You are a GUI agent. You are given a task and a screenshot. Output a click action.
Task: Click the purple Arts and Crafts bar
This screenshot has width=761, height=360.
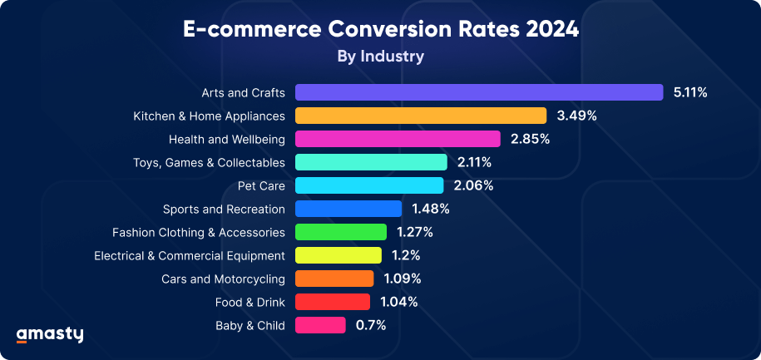tap(478, 92)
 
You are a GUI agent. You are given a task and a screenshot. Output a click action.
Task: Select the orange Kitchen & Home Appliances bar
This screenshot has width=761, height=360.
tap(420, 116)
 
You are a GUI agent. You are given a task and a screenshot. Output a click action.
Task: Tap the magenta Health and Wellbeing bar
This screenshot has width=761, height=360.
tap(397, 139)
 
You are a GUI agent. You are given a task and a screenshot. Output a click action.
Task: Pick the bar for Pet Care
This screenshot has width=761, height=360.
tap(368, 185)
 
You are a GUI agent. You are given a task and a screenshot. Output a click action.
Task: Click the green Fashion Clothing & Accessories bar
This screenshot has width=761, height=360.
tap(340, 232)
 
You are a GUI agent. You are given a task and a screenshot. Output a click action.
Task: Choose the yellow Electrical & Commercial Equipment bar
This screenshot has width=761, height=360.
tap(338, 255)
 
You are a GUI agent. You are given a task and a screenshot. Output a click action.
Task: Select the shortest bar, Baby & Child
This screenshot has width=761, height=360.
tap(320, 325)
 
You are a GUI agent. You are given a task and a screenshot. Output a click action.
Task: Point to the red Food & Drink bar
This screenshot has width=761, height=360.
tap(332, 302)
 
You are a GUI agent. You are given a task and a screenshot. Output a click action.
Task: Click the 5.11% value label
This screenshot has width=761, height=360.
tap(690, 92)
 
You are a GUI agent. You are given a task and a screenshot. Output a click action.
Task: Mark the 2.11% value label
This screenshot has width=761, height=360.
tap(474, 162)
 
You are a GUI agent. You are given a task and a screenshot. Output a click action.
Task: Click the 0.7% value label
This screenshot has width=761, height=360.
tap(371, 325)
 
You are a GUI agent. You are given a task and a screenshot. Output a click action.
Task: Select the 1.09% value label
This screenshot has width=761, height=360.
tap(403, 279)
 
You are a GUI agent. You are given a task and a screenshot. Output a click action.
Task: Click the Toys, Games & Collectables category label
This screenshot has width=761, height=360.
tap(209, 162)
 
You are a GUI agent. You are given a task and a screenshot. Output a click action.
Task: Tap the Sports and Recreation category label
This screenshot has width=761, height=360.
tap(224, 209)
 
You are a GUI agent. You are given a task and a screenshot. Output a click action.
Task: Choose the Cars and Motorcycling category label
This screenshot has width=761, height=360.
tap(223, 279)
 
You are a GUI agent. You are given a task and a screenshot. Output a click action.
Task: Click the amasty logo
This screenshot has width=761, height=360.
tap(50, 334)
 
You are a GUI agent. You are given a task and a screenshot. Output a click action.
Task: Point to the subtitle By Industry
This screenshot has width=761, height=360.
tap(380, 57)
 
